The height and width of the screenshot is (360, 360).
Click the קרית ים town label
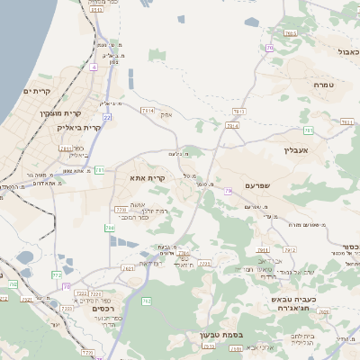[x=38, y=92]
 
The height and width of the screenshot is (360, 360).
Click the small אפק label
[x=166, y=114]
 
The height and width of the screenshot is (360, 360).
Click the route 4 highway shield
[x=93, y=67]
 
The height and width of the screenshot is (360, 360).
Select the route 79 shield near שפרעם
[x=229, y=190]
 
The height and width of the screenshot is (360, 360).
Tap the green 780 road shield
[x=111, y=229]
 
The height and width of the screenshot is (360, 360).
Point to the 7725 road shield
[x=206, y=264]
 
